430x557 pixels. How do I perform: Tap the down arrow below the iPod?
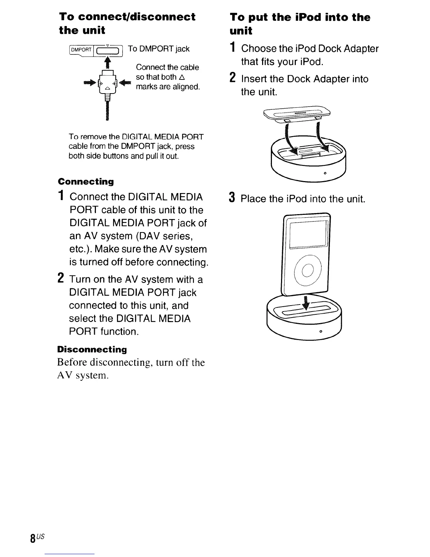[306, 302]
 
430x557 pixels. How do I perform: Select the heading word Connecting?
[86, 182]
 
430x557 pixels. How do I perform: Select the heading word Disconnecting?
[92, 350]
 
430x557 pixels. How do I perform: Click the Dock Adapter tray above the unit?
[298, 114]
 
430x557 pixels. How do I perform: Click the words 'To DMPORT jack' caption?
[159, 49]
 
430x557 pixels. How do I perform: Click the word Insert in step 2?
[254, 79]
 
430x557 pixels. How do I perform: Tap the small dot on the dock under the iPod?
[320, 332]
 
